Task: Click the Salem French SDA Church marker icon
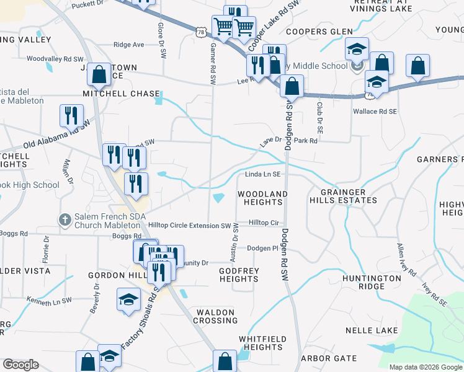(x=65, y=219)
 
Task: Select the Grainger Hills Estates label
(x=348, y=196)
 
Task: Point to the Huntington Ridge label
(x=372, y=283)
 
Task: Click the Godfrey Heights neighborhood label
(x=239, y=275)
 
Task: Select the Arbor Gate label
(x=329, y=358)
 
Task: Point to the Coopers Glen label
(x=319, y=32)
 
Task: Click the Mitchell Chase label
(x=122, y=94)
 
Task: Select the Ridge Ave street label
(x=128, y=45)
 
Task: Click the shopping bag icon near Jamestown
(x=99, y=74)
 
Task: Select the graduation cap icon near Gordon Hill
(x=129, y=299)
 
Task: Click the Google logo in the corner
(x=21, y=365)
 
